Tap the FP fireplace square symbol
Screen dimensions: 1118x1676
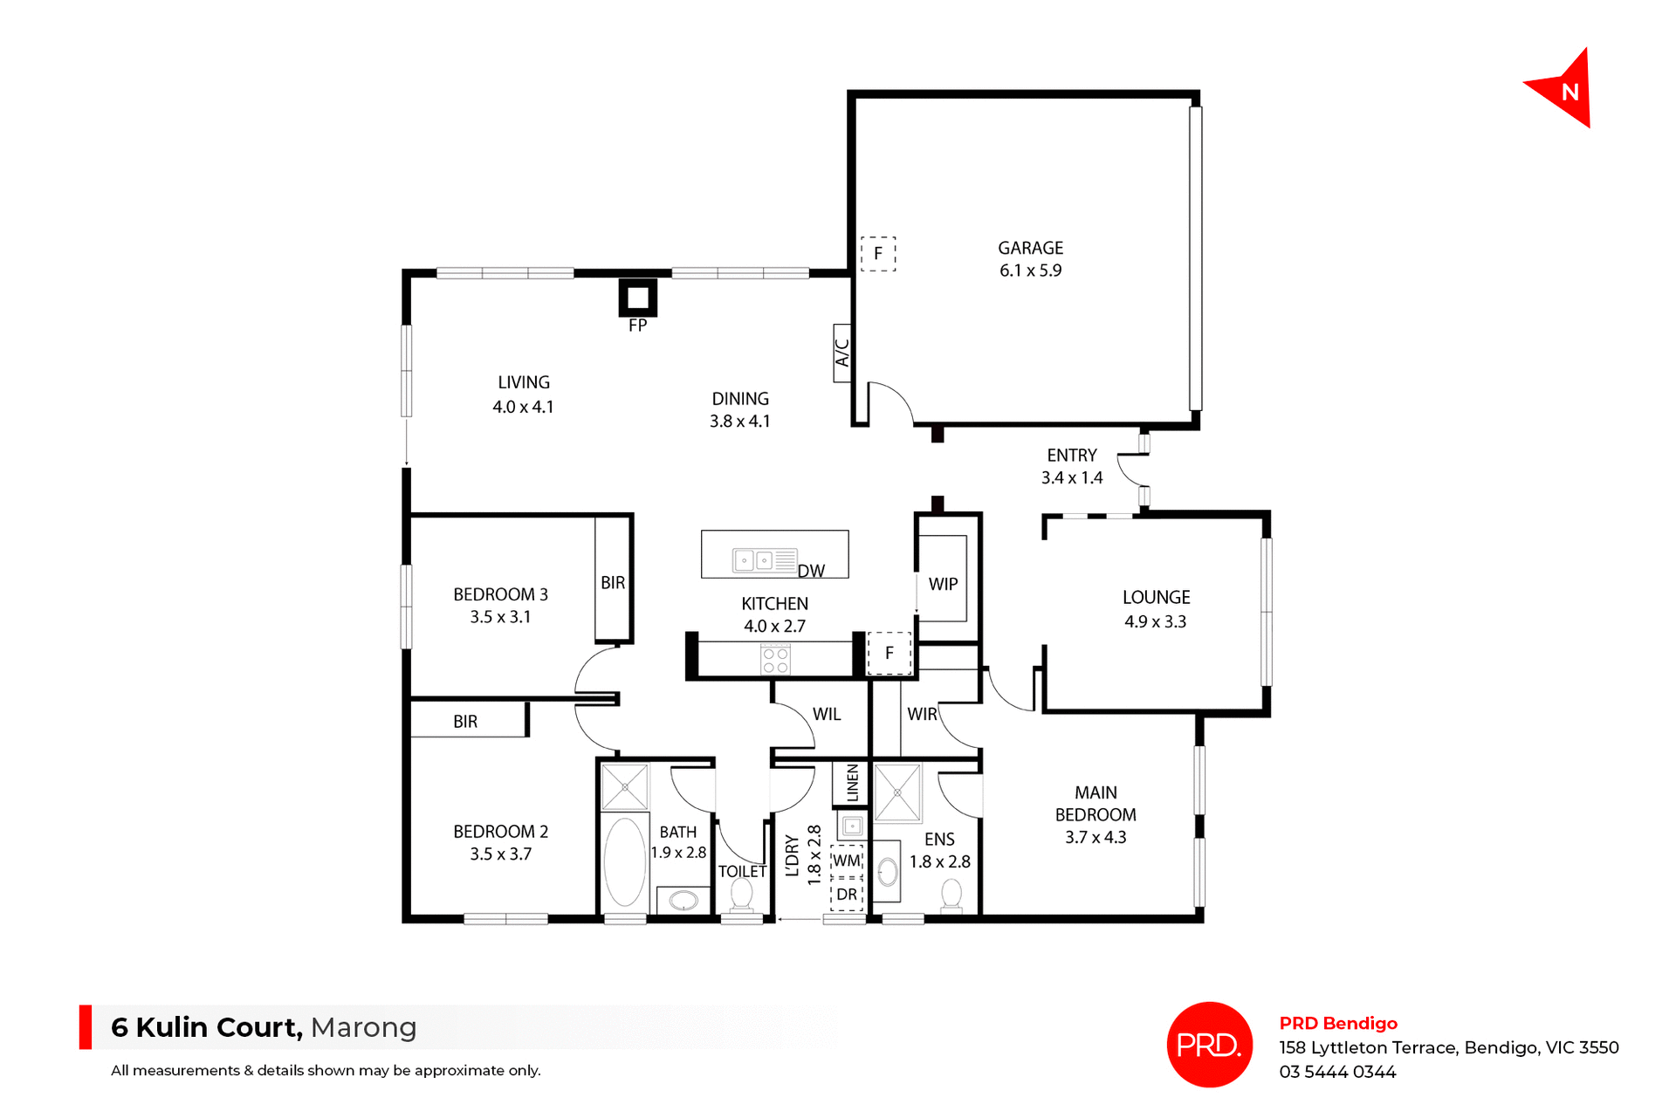click(x=638, y=298)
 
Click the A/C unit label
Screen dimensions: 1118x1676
click(x=842, y=353)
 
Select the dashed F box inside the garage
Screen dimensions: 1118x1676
click(x=878, y=254)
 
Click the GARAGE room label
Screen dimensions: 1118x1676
click(x=1030, y=248)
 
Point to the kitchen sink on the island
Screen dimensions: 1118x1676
click(x=754, y=559)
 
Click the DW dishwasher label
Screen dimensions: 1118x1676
click(x=811, y=571)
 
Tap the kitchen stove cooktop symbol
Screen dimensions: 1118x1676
click(x=775, y=660)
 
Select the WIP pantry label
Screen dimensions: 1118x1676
click(x=943, y=584)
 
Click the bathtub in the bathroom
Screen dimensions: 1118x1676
click(x=625, y=861)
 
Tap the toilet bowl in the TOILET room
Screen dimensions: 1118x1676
click(x=741, y=894)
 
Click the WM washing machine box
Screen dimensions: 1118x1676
click(x=847, y=861)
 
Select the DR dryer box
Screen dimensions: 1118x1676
click(x=847, y=895)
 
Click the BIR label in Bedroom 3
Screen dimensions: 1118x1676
click(x=613, y=582)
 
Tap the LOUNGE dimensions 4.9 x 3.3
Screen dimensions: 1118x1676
click(x=1155, y=622)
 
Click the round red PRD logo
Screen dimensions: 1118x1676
click(x=1209, y=1044)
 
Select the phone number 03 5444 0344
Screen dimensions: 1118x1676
click(x=1337, y=1072)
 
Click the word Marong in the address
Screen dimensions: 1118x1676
click(x=363, y=1027)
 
